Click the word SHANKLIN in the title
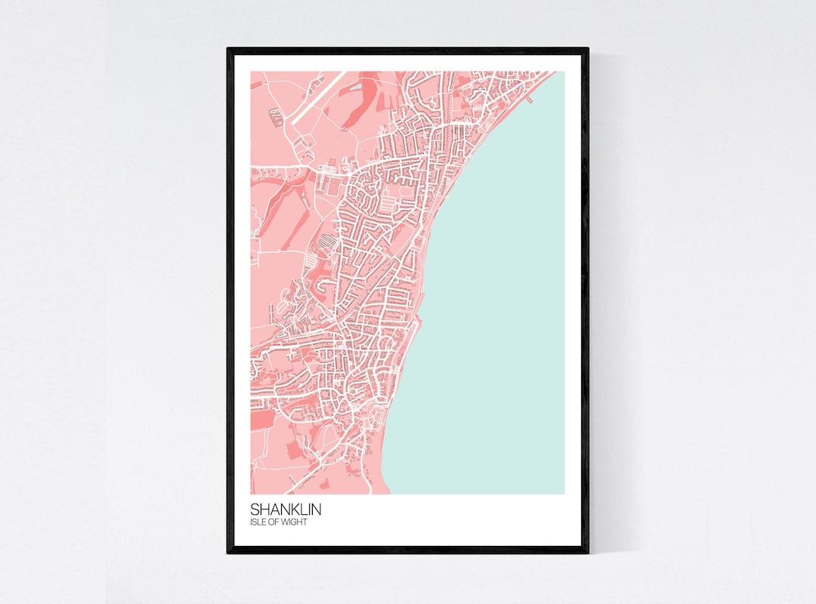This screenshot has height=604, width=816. coord(286,510)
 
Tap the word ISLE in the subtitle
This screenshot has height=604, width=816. coord(258,522)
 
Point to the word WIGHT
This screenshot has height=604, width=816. coord(295,522)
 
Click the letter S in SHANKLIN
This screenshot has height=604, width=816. coord(255,510)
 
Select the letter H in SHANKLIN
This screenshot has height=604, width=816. coord(264,510)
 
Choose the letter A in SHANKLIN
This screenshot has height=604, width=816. coord(273,510)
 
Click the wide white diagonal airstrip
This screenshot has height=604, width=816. coord(317,97)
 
